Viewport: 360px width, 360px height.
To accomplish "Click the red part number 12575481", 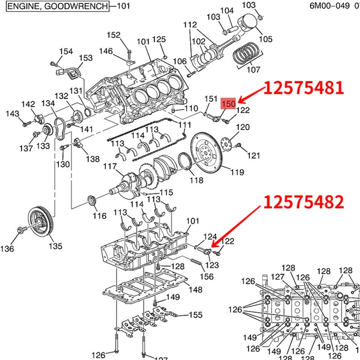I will click(303, 88).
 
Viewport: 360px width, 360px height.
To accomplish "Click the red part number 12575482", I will click(304, 201).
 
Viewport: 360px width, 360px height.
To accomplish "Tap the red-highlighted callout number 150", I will click(228, 103).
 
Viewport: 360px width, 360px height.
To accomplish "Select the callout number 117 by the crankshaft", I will click(109, 167).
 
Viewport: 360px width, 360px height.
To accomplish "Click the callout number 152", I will click(114, 35).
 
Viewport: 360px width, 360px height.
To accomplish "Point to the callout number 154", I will click(66, 51).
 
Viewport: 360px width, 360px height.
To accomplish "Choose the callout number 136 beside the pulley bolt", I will click(8, 249).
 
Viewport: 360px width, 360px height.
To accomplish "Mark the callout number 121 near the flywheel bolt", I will click(254, 155).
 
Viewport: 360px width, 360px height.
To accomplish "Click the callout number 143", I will click(12, 114).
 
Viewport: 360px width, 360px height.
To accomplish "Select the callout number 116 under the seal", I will click(99, 216).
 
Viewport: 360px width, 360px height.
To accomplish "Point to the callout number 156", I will click(207, 276).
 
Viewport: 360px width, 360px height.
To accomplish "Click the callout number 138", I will click(93, 159).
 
